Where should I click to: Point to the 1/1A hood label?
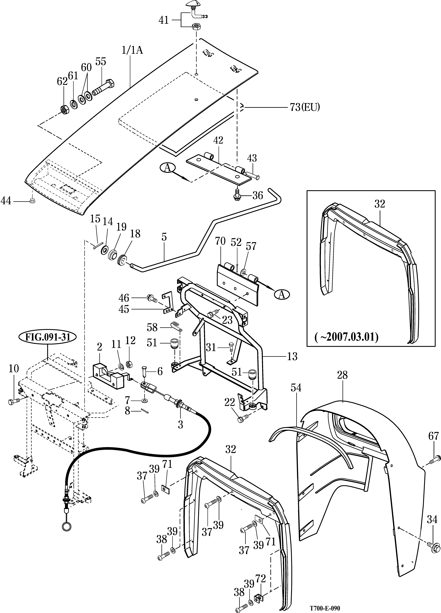click(x=132, y=51)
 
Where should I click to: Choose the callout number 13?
click(x=292, y=356)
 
